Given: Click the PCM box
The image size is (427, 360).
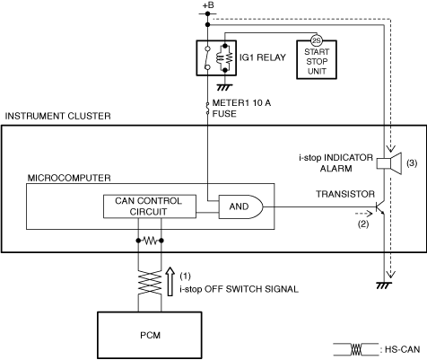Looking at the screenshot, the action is coord(150,335).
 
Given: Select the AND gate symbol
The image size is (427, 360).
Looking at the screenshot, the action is coord(240,206).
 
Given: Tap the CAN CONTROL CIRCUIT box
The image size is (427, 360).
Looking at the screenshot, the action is coord(150,206).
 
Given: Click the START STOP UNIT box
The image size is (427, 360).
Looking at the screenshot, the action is coord(317,60).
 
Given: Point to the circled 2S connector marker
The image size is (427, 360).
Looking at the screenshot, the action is coord(316,40).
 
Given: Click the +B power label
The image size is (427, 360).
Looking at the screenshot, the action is coord(208,5).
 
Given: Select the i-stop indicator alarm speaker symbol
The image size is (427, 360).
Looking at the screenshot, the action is coord(388,163).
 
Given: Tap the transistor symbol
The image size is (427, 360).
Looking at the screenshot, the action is coord(380,207).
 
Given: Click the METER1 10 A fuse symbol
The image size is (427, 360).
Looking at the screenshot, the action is coord(207,109).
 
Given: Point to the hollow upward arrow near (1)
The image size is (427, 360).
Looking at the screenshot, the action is coord(170,282).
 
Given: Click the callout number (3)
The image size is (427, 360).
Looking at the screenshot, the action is coord(412,163).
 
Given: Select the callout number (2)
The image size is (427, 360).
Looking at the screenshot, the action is coord(363,224).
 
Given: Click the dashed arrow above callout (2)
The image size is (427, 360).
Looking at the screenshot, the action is coord(363,214).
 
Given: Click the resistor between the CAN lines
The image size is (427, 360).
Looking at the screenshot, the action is coord(150,241).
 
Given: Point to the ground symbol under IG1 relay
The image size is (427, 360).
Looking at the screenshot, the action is coord(224,87).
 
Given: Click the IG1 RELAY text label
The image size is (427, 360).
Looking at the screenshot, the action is coord(263,57).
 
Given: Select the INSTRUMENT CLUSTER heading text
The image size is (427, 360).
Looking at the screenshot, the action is coord(57,116).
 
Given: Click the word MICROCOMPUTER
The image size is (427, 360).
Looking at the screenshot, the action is coord(69,178).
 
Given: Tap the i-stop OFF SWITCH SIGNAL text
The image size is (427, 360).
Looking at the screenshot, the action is coord(240,289).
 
